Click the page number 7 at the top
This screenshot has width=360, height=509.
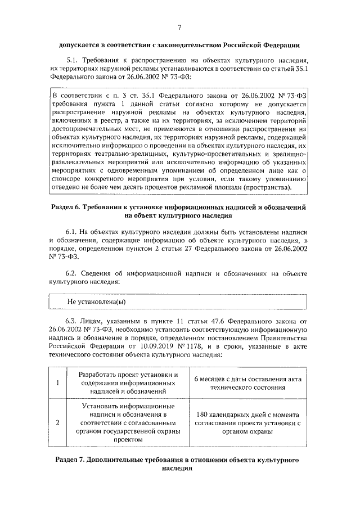point(179,27)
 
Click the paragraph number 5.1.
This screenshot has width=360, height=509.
point(73,60)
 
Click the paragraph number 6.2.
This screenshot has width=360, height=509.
point(73,273)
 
